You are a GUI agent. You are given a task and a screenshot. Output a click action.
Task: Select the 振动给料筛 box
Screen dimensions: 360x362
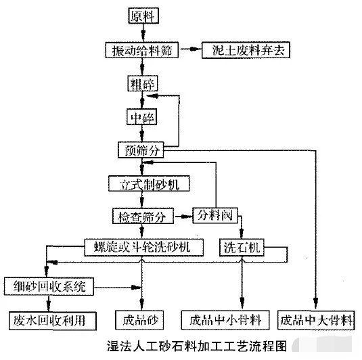141,50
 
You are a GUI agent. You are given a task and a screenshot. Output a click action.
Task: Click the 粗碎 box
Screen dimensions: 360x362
141,84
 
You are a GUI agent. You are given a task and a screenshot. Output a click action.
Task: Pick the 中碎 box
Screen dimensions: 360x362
141,117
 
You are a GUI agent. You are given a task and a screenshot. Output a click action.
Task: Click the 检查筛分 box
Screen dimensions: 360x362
142,217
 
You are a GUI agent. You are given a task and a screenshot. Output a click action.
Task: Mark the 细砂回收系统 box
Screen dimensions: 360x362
46,286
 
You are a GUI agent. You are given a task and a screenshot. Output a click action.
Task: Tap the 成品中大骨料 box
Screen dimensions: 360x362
316,319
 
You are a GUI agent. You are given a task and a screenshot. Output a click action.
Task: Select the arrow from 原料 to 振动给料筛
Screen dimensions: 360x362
141,32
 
